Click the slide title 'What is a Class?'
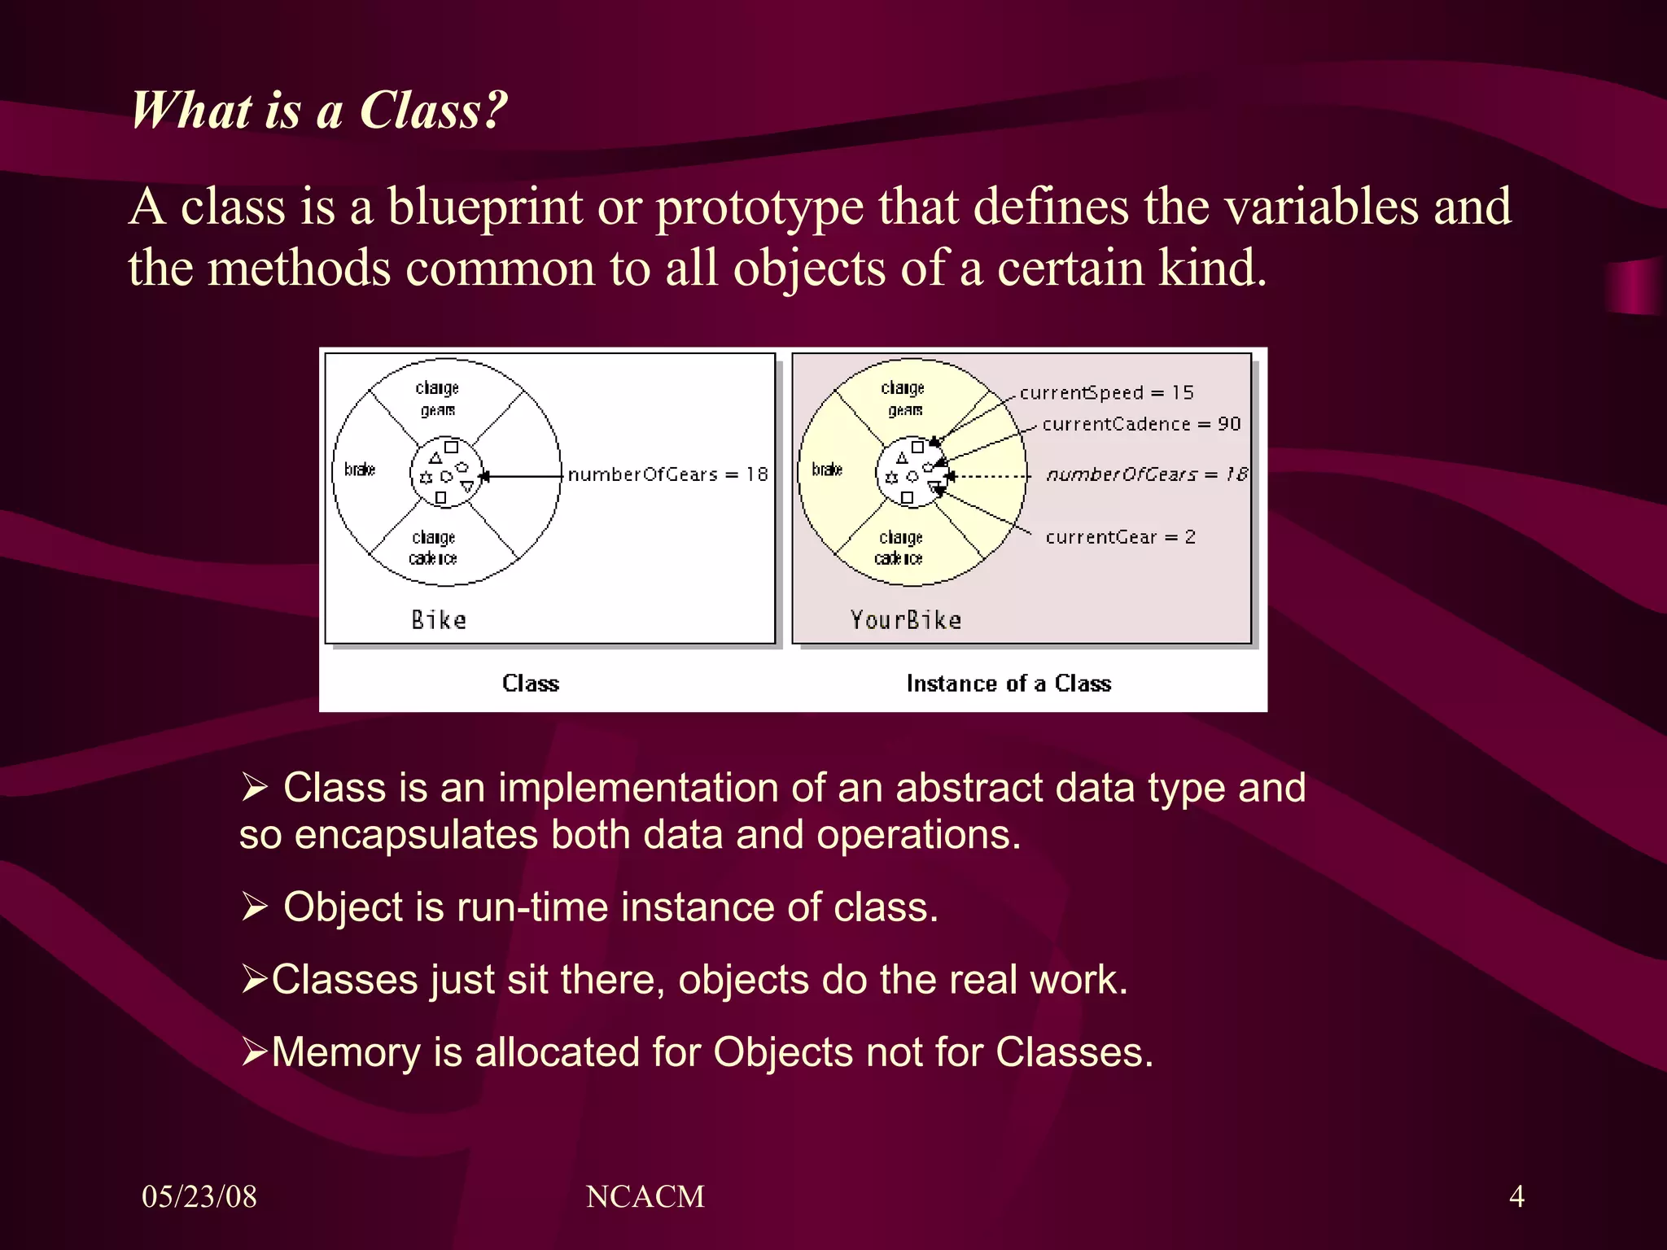(318, 110)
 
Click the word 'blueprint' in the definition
(485, 207)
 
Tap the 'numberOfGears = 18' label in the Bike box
(667, 474)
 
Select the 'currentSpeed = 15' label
(1106, 392)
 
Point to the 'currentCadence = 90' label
(1141, 424)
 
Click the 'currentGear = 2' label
(1120, 537)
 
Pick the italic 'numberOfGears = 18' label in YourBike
(1146, 474)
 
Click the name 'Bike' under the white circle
(439, 620)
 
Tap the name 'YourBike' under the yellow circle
(905, 620)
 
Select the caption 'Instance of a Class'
(1008, 684)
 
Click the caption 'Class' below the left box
(531, 684)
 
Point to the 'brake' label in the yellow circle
(827, 470)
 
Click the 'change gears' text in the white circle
(437, 399)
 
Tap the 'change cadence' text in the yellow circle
(900, 548)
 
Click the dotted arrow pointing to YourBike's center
(990, 476)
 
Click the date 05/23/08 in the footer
(199, 1196)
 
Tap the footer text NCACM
(645, 1196)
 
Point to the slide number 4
(1516, 1196)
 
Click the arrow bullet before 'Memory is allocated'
(254, 1051)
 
